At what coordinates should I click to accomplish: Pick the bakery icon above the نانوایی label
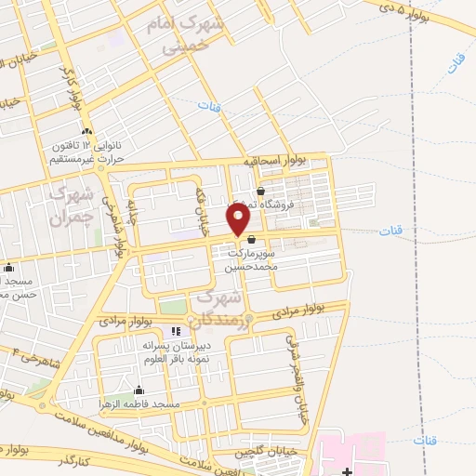[x=86, y=131]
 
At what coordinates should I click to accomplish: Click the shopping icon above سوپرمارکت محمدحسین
[x=251, y=239]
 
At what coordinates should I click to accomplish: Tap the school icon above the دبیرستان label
[x=176, y=331]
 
